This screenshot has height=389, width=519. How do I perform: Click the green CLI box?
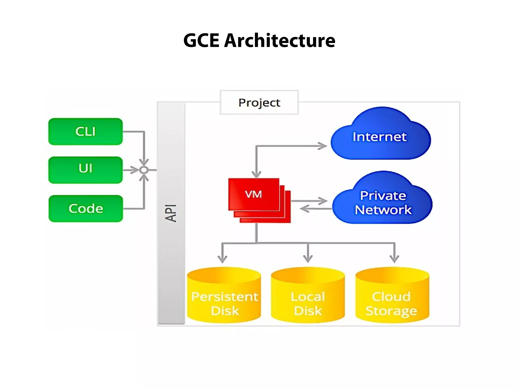85,131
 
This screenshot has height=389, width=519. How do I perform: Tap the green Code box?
86,208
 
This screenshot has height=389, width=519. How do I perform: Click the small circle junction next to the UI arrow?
144,170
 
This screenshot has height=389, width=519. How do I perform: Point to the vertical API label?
171,213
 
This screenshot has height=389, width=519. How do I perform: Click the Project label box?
259,103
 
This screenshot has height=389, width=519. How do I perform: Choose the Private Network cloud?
383,203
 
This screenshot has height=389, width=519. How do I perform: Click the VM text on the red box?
253,194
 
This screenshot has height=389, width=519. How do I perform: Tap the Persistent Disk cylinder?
224,296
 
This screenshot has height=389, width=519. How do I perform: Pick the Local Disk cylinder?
308,296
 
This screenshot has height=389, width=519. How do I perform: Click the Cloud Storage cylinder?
392,296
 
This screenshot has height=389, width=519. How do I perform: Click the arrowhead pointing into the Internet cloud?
323,146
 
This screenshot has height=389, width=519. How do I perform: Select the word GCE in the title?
201,41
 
